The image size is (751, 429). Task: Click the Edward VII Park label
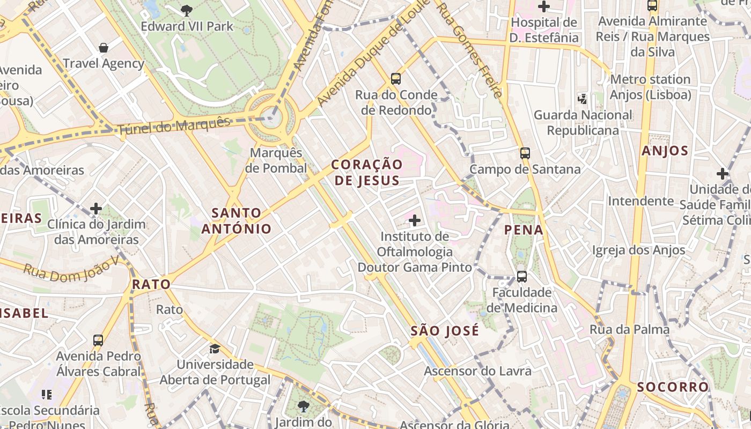point(187,26)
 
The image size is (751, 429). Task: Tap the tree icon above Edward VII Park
point(186,10)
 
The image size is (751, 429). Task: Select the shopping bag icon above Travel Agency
point(104,48)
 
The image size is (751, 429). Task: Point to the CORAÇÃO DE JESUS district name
point(367,172)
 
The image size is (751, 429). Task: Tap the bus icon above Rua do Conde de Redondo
point(396,79)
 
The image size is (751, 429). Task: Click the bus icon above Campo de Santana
point(525,153)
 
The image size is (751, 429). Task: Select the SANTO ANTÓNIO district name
point(237,221)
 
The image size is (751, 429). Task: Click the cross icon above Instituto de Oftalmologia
point(414,220)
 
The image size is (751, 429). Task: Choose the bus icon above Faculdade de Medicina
point(521,277)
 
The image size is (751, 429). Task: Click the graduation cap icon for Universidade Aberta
point(215,349)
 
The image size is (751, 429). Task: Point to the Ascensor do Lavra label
point(477,371)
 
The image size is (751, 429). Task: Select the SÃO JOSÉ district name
point(445,331)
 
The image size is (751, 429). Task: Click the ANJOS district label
point(665,151)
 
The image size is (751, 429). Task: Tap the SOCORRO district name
point(673,387)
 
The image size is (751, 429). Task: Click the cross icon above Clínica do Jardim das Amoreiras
point(96,208)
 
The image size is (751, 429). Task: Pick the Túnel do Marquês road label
point(173,125)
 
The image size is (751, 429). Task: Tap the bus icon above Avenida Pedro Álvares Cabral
point(98,341)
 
